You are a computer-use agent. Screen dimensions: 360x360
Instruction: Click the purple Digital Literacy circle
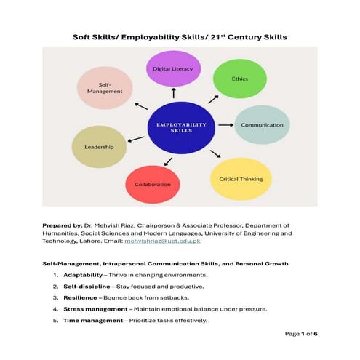pyautogui.click(x=172, y=68)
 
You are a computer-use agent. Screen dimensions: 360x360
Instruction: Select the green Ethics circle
pyautogui.click(x=239, y=78)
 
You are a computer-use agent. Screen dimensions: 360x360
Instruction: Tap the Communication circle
pyautogui.click(x=261, y=125)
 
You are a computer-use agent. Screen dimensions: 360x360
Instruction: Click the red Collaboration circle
pyautogui.click(x=153, y=184)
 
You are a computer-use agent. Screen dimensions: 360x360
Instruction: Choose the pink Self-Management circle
pyautogui.click(x=105, y=88)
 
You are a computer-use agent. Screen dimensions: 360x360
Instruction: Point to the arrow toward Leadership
pyautogui.click(x=136, y=138)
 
